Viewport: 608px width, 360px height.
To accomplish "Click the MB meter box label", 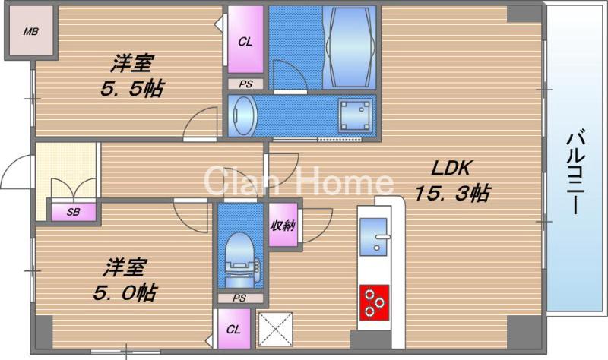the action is pos(30,31).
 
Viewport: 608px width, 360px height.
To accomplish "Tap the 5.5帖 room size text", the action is pos(132,89).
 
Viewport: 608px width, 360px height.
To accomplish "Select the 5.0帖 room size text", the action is pos(125,292).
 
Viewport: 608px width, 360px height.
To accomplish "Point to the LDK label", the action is pos(451,168).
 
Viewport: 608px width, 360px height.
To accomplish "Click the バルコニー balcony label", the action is pos(576,173).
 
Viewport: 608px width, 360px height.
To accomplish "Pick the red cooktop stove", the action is pos(374,302).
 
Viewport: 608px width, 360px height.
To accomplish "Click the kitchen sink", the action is pos(374,237).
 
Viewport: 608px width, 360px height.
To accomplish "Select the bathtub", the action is pos(349,46).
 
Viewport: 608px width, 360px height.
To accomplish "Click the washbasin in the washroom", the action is pos(242,115).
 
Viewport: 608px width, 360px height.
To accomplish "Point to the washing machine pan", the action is pos(355,115).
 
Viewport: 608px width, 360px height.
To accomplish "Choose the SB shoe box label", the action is pos(73,212).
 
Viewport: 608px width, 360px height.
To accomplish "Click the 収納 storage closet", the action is pos(283,225).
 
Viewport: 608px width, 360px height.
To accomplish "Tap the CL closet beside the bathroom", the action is pos(245,40).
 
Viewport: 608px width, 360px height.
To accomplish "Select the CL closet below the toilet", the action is pos(234,329).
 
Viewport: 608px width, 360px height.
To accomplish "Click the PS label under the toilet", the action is pos(239,298).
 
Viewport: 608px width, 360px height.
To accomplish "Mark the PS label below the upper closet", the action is pos(245,84).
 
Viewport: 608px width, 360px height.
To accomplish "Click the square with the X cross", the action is pos(275,329).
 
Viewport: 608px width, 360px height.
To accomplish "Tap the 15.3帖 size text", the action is pos(452,193).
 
